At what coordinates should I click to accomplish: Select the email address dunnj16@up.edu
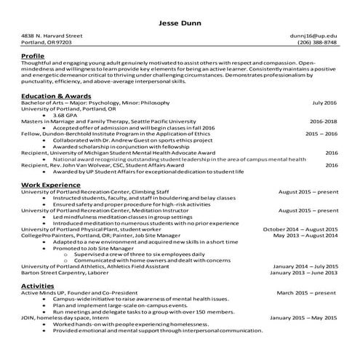[313, 35]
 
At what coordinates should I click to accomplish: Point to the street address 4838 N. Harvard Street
[52, 35]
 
